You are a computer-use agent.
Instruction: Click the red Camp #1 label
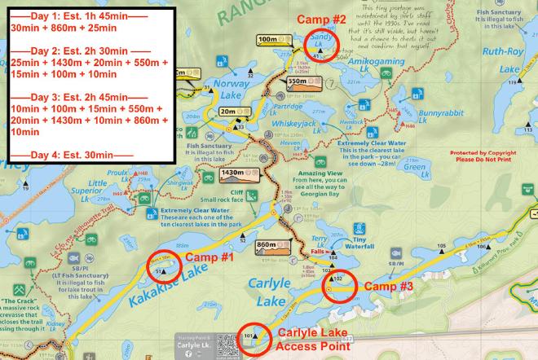[210, 257]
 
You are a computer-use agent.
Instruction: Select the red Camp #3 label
[386, 287]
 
